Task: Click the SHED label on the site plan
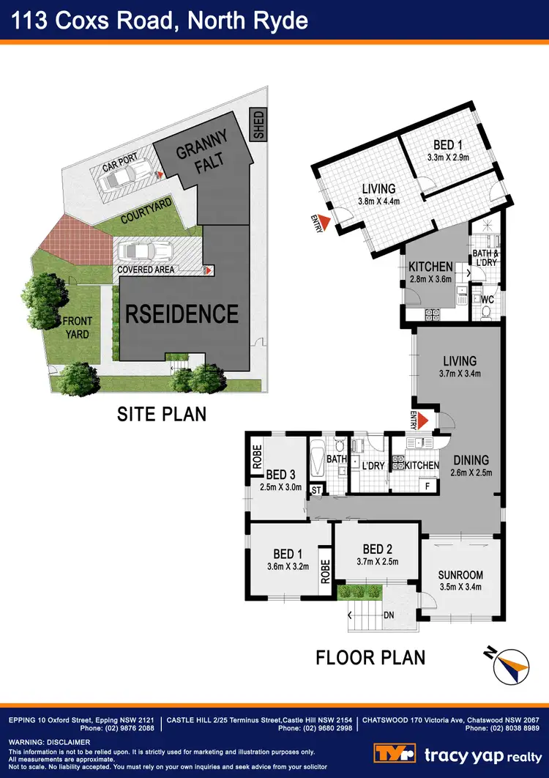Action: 258,125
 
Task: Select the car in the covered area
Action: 144,251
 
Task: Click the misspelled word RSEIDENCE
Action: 182,314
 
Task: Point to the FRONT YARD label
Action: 75,327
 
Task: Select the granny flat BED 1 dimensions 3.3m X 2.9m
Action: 447,157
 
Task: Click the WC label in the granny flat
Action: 486,299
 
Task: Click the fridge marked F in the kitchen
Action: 427,484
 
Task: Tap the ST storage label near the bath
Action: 316,489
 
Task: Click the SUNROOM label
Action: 461,574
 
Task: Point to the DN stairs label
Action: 389,615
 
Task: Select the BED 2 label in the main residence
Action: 378,549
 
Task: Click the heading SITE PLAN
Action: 162,414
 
